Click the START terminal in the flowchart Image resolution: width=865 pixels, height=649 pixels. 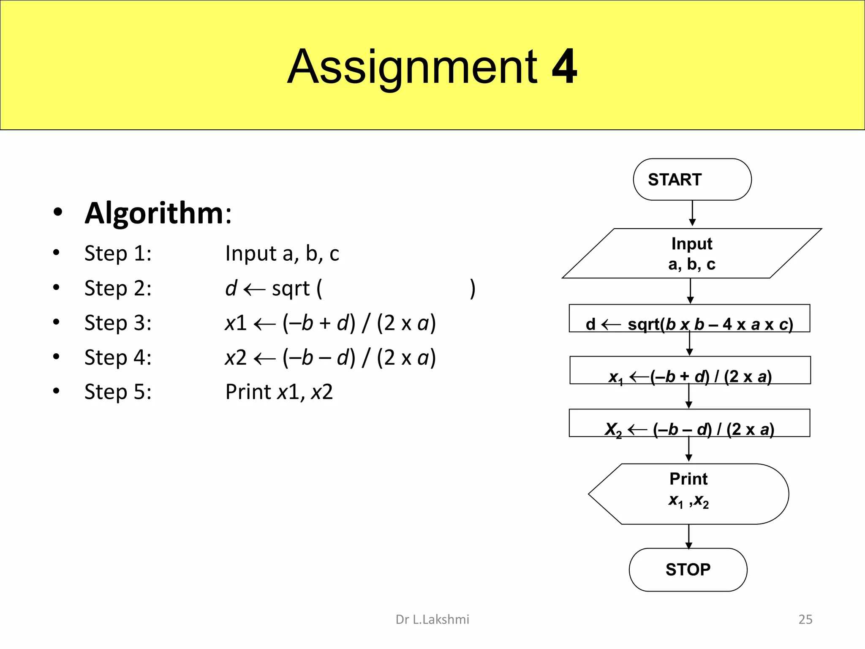point(692,180)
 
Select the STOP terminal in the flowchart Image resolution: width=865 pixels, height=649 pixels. point(688,570)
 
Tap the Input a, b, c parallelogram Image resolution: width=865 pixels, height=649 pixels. point(692,254)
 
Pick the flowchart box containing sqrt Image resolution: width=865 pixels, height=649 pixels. point(689,319)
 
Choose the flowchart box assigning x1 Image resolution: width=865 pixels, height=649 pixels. point(690,371)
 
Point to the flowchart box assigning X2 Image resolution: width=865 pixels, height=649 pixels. point(689,423)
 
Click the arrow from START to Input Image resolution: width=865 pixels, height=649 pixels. point(692,213)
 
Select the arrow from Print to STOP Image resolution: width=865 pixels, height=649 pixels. point(689,536)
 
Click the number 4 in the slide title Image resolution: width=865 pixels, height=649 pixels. point(564,66)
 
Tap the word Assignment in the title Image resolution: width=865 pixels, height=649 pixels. point(412,67)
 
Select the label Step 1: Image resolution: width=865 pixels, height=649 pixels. point(118,254)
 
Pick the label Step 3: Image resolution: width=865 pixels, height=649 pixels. point(118,323)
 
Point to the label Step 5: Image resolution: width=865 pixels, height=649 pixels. point(118,392)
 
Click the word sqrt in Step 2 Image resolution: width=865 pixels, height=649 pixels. point(291,289)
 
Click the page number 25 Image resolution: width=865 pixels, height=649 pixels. point(805,619)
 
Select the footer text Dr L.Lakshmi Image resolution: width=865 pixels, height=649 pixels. point(432,619)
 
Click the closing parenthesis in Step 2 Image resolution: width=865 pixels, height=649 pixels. point(473,289)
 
